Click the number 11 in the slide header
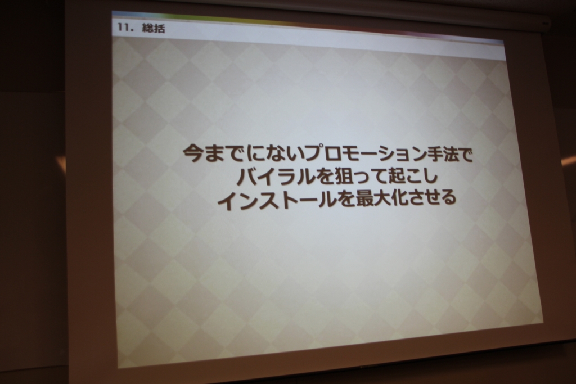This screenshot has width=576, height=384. (124, 27)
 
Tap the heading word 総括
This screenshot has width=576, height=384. (154, 28)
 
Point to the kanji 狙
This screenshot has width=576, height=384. (341, 177)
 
